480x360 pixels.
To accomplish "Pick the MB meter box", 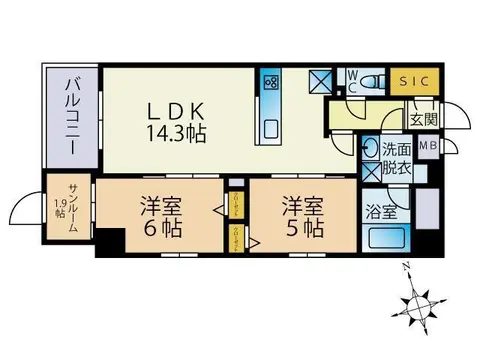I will (427, 146).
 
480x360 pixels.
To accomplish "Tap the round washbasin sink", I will (369, 148).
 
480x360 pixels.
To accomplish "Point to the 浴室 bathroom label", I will (379, 212).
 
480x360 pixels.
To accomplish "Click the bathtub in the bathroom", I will (385, 239).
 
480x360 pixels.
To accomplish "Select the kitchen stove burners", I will (270, 83).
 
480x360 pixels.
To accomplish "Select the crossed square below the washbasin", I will (370, 172).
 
